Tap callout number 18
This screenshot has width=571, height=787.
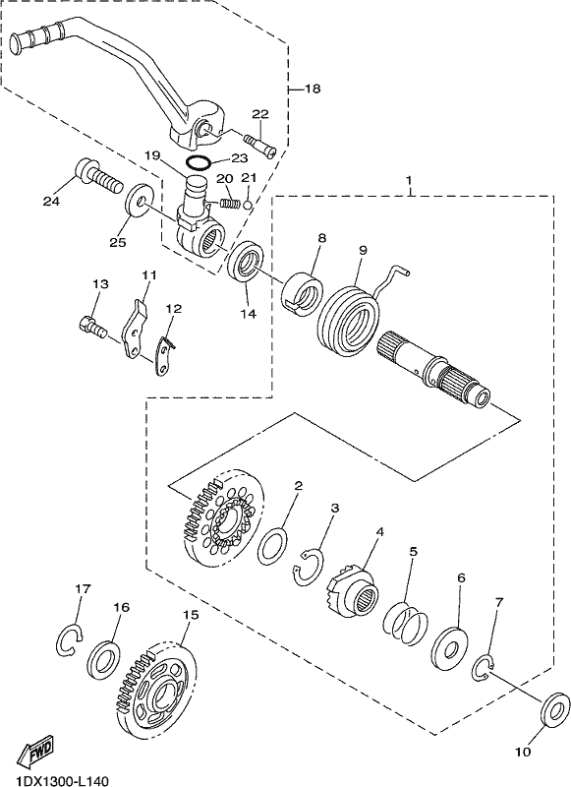pos(312,89)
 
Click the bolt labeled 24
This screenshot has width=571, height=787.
pos(98,176)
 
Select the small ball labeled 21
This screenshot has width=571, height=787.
pos(247,205)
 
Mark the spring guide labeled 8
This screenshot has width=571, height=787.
pos(302,294)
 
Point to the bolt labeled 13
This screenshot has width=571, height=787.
pos(93,327)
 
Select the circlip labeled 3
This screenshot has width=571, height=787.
pos(308,569)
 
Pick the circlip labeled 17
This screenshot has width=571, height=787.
pos(69,639)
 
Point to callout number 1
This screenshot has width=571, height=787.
pos(409,180)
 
